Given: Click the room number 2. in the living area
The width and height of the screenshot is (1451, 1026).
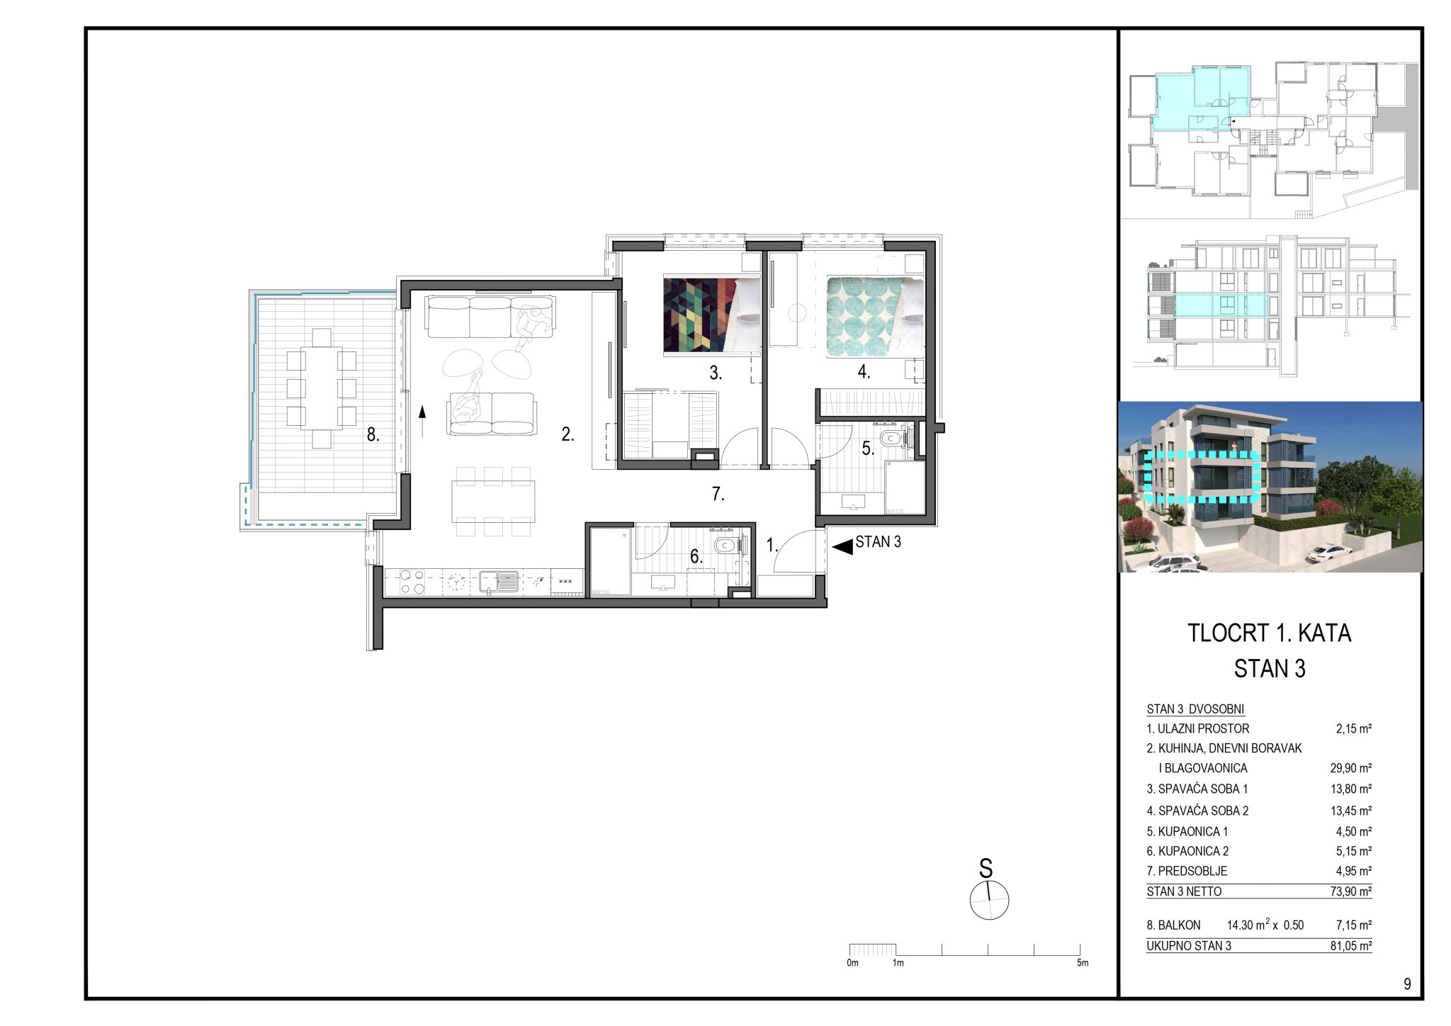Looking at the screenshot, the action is point(568,434).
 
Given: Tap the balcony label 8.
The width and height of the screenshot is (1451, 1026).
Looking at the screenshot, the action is point(373,435).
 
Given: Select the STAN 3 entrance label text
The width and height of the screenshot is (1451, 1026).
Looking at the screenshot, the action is point(878,542).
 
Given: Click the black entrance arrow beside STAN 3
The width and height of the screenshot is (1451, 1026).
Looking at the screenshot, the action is point(842,547).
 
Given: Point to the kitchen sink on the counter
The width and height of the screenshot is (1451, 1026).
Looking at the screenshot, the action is point(499,581).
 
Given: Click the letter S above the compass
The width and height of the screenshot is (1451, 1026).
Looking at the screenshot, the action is point(986,869).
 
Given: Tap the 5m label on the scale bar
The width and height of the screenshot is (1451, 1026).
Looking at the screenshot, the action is point(1082,963).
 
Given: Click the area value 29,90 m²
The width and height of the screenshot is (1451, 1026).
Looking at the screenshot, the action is point(1351,768).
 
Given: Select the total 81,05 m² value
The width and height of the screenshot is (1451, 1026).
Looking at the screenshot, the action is point(1351,946).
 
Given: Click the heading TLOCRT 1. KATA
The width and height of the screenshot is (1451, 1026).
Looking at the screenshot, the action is point(1269,633).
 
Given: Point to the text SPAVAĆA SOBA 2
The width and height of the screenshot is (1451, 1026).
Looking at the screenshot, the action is point(1203,811).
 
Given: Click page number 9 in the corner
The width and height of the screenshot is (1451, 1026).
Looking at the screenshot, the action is point(1407,984).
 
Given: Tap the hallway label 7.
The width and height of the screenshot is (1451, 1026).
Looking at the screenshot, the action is point(718,494).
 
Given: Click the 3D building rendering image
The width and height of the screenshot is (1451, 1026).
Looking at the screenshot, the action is point(1270,487).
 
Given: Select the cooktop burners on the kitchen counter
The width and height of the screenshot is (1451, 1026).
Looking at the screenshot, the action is point(412,582).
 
